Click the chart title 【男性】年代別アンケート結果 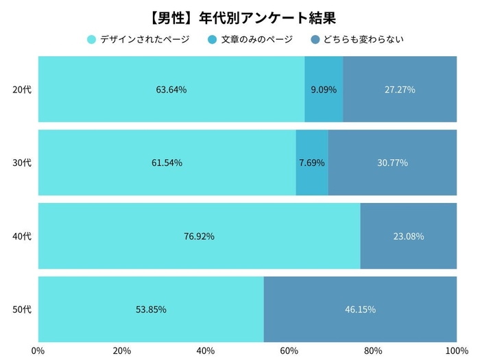[240, 16]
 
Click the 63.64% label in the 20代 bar [171, 89]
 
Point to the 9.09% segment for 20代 [324, 89]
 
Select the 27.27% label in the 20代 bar [400, 89]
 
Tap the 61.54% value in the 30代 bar [167, 163]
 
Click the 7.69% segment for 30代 [312, 163]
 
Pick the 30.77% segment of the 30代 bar [392, 163]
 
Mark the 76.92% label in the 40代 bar [199, 236]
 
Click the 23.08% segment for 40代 [409, 236]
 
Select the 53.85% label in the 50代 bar [151, 309]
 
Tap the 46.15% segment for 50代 [360, 309]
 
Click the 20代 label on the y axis [22, 89]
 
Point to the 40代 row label [22, 236]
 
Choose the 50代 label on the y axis [22, 309]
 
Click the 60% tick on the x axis [289, 350]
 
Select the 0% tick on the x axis [38, 350]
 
